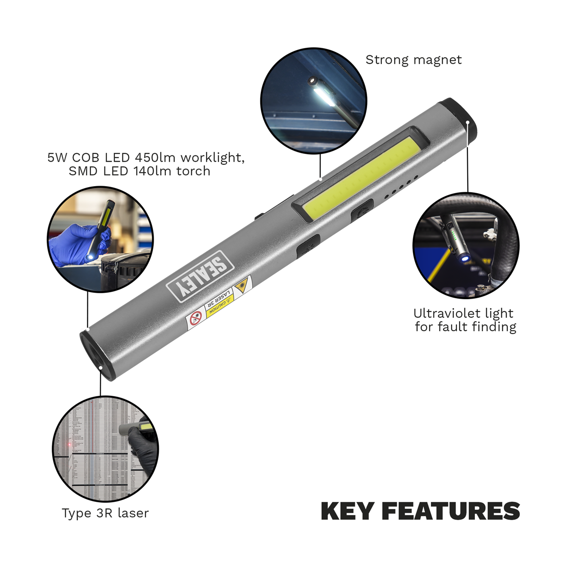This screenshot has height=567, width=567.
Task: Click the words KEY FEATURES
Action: coord(420,511)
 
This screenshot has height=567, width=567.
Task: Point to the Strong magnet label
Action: coord(413,60)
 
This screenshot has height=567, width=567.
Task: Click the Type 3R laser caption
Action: coord(105,513)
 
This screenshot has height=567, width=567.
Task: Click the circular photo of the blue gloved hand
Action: coord(100,239)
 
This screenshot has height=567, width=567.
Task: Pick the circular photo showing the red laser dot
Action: coord(105,449)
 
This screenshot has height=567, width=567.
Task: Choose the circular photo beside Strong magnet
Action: coord(314,100)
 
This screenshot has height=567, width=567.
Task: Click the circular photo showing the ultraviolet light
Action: coord(466,245)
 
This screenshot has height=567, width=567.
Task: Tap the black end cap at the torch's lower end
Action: coord(97,355)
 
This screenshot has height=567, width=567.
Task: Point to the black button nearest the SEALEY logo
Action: coord(308,245)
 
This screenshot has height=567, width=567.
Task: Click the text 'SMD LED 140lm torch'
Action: coord(139,171)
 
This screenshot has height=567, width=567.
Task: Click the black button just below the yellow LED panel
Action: coord(362,211)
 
